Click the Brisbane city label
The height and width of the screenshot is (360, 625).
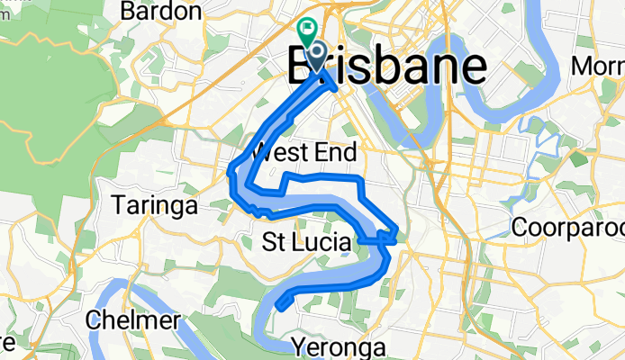(x=387, y=67)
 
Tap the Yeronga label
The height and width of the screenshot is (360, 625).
(x=340, y=347)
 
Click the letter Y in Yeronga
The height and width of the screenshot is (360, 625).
(x=299, y=347)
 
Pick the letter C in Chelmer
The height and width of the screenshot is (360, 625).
(x=95, y=320)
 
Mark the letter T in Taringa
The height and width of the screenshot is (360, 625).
(x=120, y=205)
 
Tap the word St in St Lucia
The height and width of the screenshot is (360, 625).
(x=274, y=242)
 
